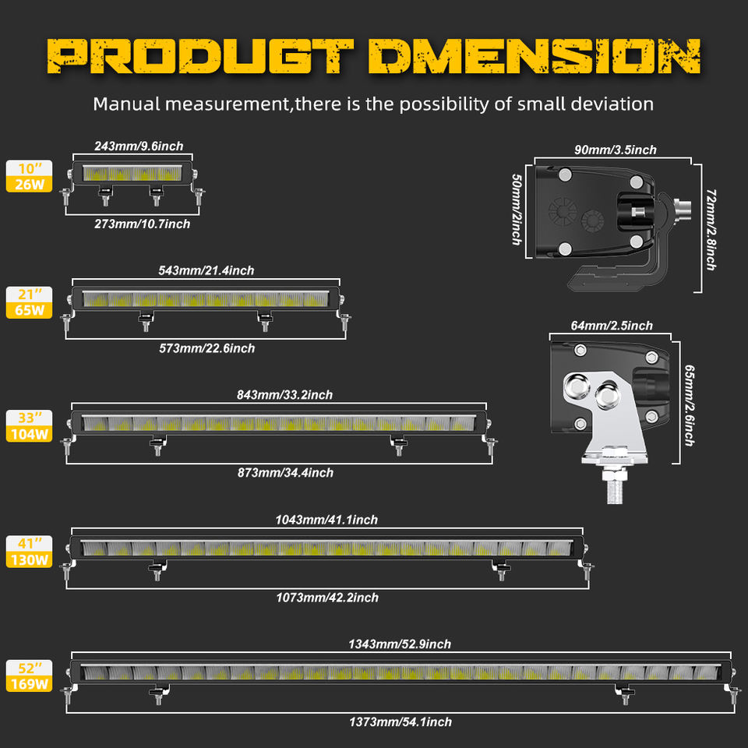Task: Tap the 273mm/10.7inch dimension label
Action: pyautogui.click(x=143, y=224)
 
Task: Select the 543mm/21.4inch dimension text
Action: pyautogui.click(x=206, y=270)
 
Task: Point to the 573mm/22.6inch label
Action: pyautogui.click(x=206, y=348)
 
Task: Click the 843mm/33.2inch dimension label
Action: pyautogui.click(x=284, y=395)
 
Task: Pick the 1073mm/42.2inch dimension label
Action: pyautogui.click(x=327, y=598)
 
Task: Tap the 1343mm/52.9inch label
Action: pyautogui.click(x=400, y=644)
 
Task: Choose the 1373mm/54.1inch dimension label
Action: pyautogui.click(x=400, y=722)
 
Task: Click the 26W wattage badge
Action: pyautogui.click(x=30, y=184)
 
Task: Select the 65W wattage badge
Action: pyautogui.click(x=30, y=310)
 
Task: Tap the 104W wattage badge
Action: pyautogui.click(x=30, y=434)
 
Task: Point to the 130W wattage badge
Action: pyautogui.click(x=30, y=559)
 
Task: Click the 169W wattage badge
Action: pyautogui.click(x=30, y=685)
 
